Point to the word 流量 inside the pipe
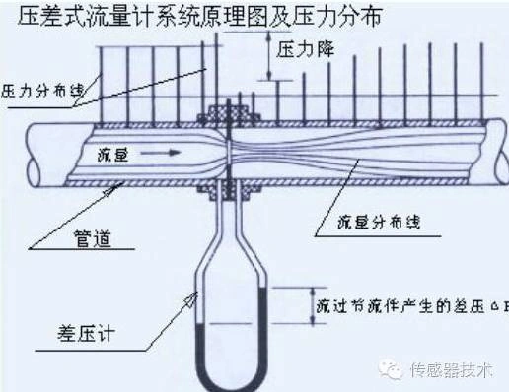[x=116, y=154]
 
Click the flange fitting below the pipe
[x=226, y=186]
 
